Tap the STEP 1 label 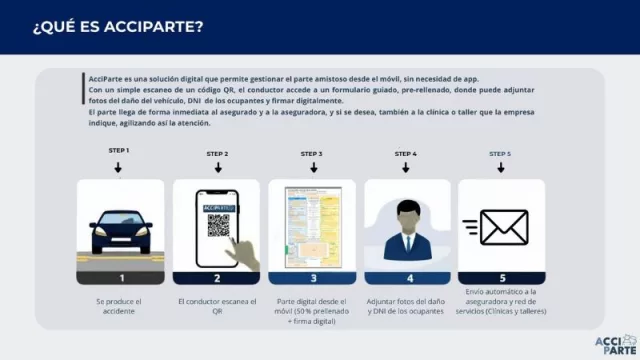click(119, 150)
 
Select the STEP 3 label click(311, 153)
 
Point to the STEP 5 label click(500, 153)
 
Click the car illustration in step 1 click(120, 230)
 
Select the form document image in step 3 click(311, 227)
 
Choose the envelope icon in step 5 click(502, 227)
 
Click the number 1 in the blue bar click(120, 279)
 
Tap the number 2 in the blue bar click(216, 279)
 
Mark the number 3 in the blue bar click(311, 279)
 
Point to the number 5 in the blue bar click(501, 279)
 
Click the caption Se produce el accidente click(120, 306)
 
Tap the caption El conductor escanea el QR click(216, 306)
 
